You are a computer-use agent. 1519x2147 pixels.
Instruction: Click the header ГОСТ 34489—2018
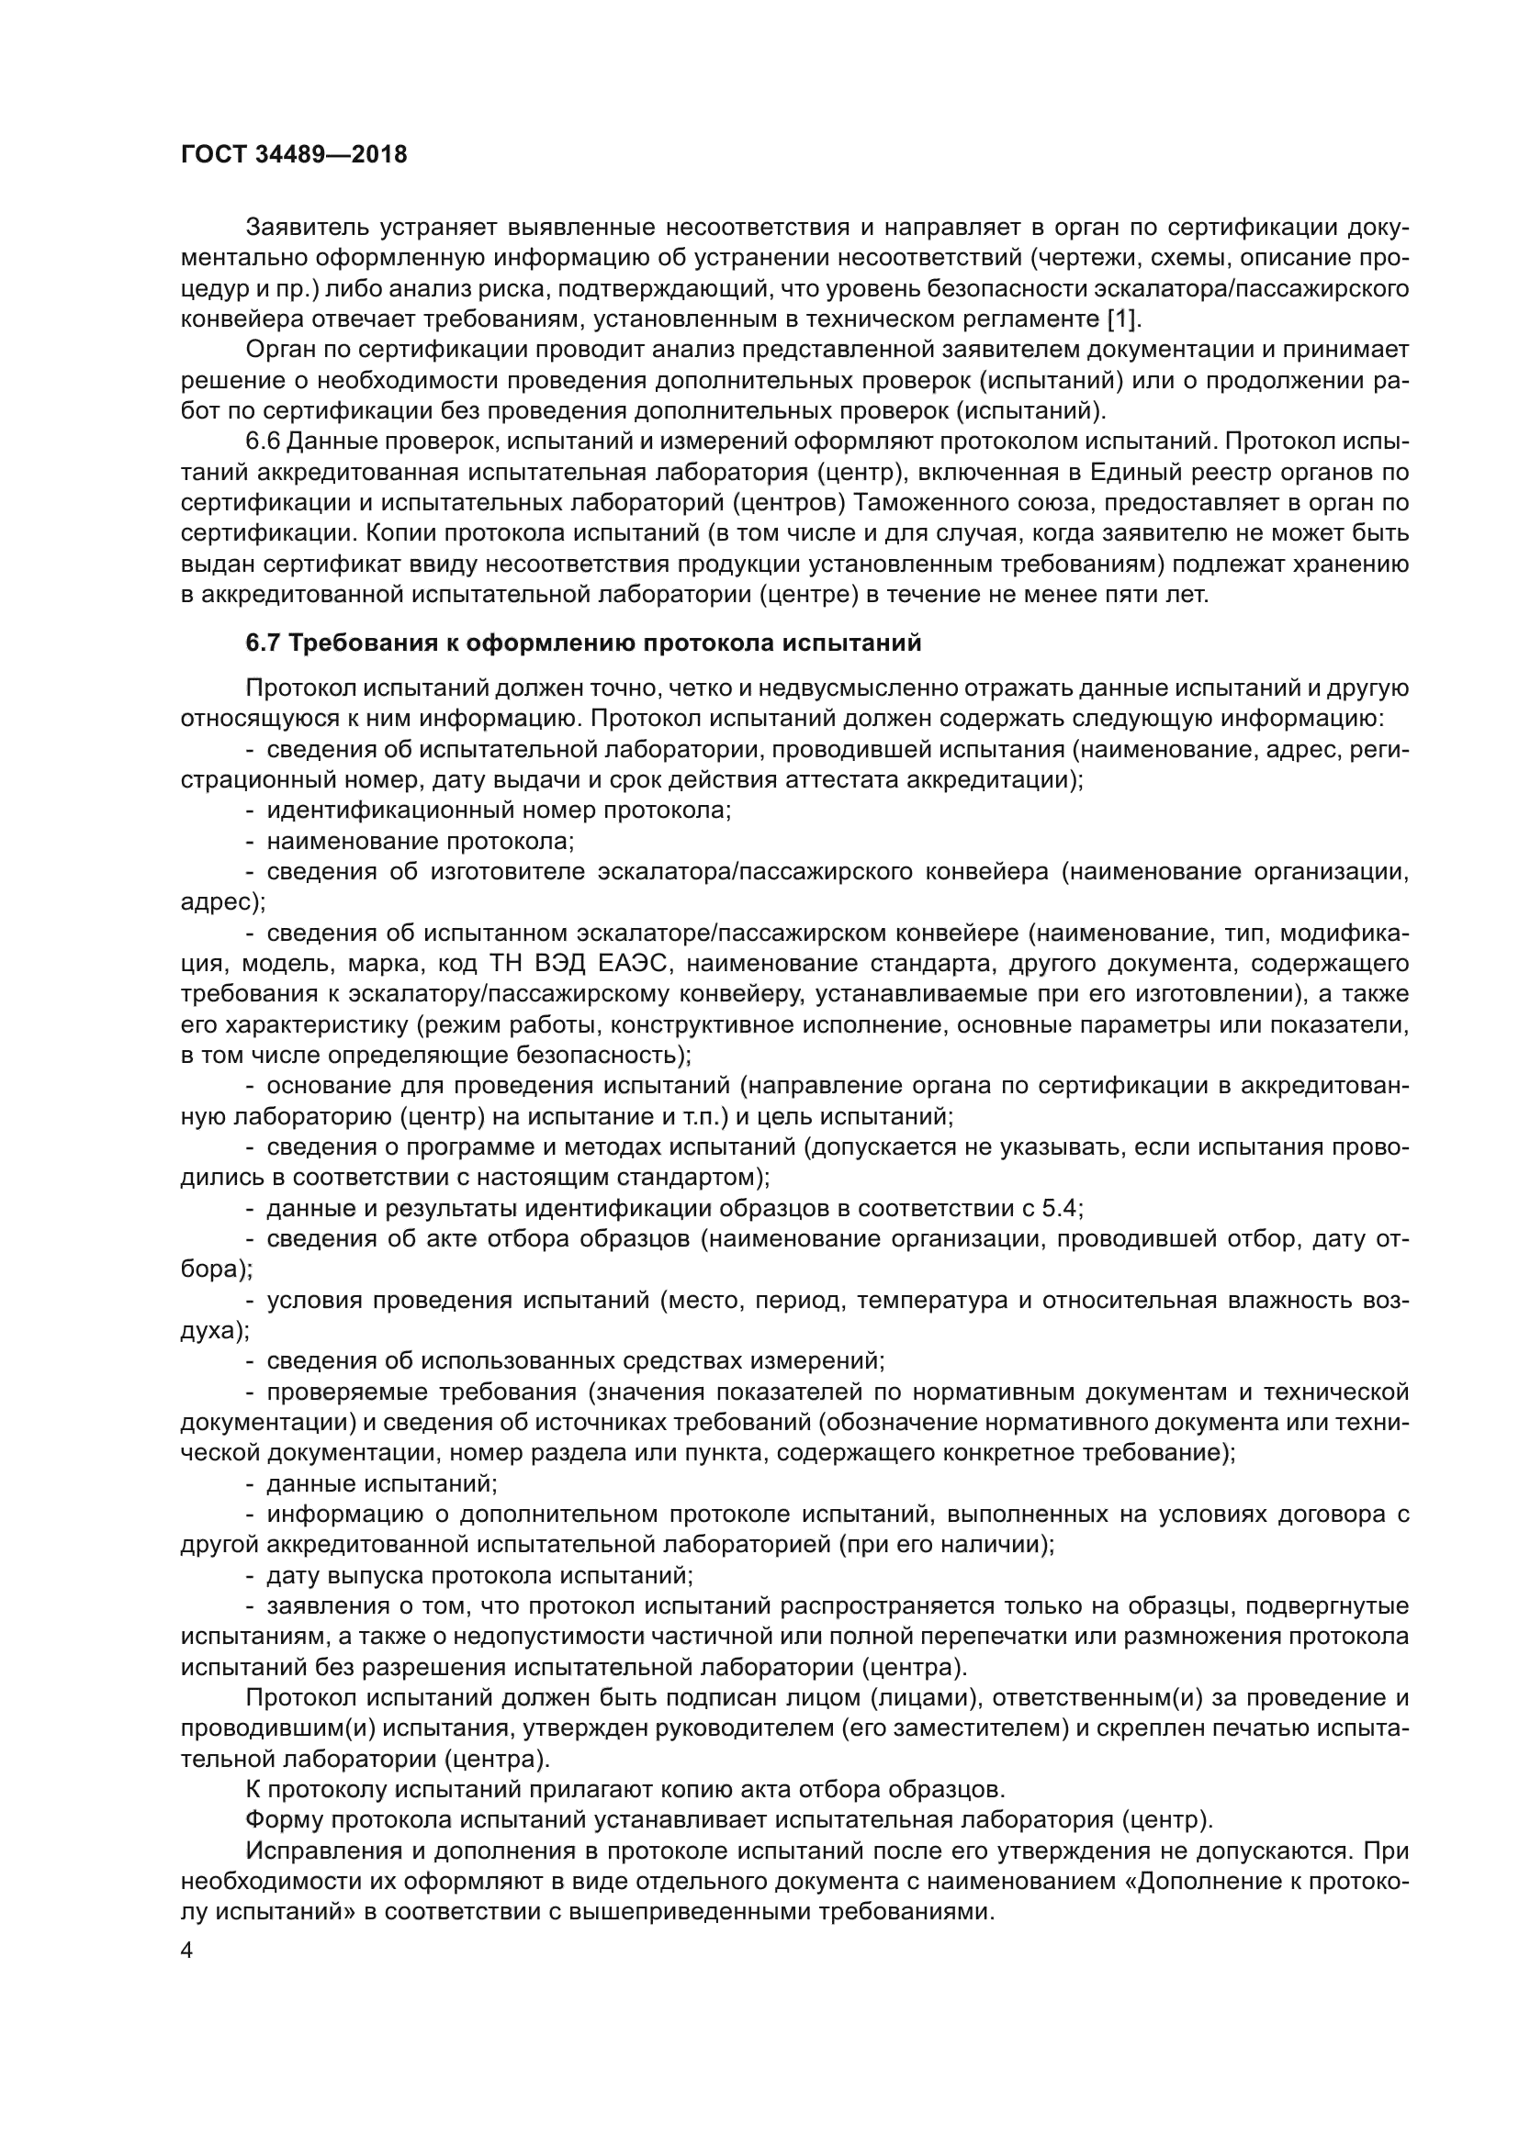pos(294,155)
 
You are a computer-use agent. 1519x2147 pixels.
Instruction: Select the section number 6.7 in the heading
pos(263,643)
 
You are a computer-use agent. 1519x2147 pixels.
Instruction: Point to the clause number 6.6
pos(263,442)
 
